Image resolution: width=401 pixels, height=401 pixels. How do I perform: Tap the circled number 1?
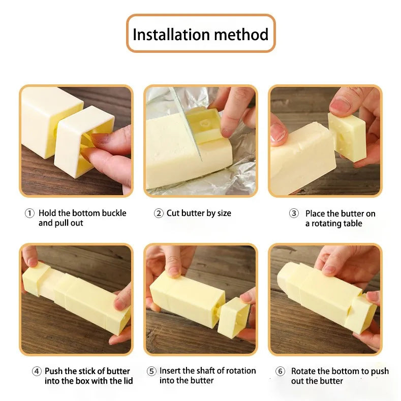click(29, 213)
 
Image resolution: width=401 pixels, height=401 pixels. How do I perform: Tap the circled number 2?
click(159, 213)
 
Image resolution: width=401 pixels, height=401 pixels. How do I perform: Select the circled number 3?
click(294, 213)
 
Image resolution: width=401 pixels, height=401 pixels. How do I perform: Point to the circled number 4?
click(37, 372)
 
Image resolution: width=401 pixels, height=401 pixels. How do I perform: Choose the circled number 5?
click(151, 372)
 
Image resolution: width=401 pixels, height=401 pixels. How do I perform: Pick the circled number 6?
click(281, 372)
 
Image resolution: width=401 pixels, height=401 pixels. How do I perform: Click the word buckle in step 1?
click(113, 213)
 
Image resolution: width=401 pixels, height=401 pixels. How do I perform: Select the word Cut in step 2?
click(173, 213)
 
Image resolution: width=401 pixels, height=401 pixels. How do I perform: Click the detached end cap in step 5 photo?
click(233, 317)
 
